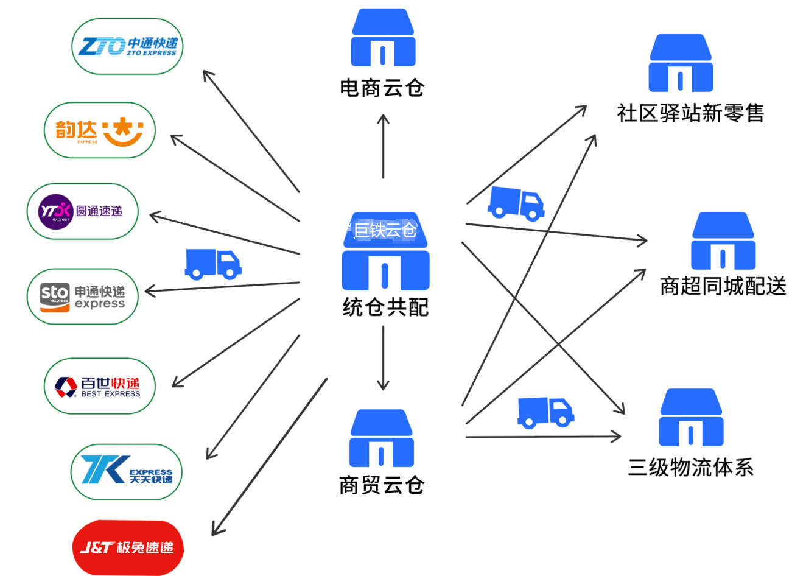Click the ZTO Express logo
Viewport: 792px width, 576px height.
pyautogui.click(x=127, y=47)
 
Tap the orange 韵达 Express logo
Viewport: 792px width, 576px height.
pyautogui.click(x=100, y=130)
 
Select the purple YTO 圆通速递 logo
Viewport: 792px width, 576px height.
pyautogui.click(x=82, y=212)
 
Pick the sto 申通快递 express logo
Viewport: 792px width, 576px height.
pyautogui.click(x=82, y=297)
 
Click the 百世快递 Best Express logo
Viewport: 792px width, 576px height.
pyautogui.click(x=99, y=387)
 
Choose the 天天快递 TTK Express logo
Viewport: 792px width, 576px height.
pyautogui.click(x=127, y=472)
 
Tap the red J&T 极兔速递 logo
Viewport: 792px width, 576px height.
pyautogui.click(x=127, y=547)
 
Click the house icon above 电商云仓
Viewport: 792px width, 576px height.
pyautogui.click(x=383, y=38)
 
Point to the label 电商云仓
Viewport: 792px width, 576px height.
pyautogui.click(x=382, y=88)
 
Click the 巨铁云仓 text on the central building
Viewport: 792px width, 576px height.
pyautogui.click(x=385, y=230)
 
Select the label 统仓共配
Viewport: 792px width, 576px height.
pyautogui.click(x=385, y=307)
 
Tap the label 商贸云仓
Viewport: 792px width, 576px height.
pyautogui.click(x=382, y=485)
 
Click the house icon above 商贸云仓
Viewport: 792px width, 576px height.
pyautogui.click(x=382, y=438)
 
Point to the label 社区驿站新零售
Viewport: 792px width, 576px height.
pyautogui.click(x=690, y=113)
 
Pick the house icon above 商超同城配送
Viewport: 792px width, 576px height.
pyautogui.click(x=723, y=241)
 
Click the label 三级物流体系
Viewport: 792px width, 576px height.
pyautogui.click(x=691, y=468)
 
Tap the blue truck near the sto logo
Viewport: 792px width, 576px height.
pyautogui.click(x=212, y=264)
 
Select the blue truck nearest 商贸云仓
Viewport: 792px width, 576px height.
pyautogui.click(x=545, y=412)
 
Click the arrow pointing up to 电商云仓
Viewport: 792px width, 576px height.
pyautogui.click(x=383, y=146)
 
